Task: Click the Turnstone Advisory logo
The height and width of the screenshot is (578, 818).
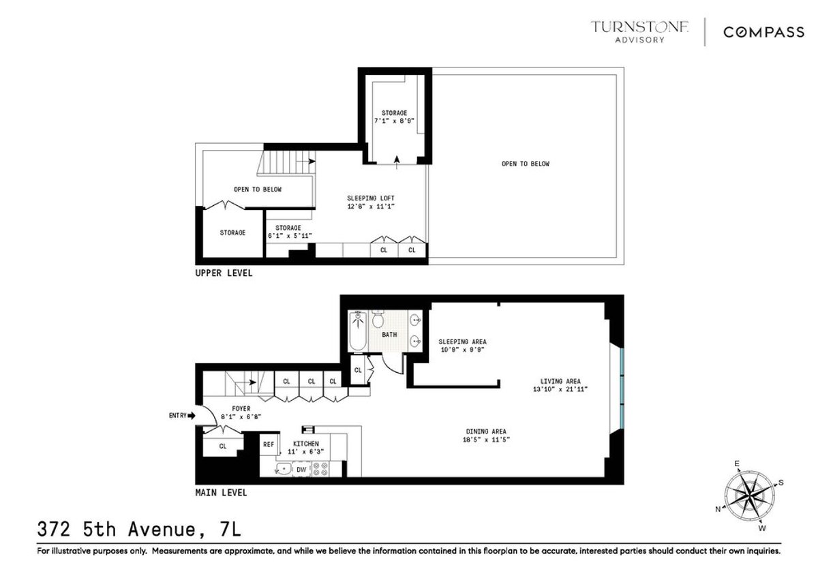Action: pyautogui.click(x=639, y=31)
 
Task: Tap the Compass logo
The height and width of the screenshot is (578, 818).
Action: pyautogui.click(x=763, y=32)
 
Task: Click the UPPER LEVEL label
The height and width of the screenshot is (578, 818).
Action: pyautogui.click(x=224, y=273)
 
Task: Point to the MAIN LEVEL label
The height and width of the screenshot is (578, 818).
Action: pyautogui.click(x=221, y=492)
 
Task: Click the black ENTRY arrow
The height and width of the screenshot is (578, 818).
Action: pyautogui.click(x=192, y=415)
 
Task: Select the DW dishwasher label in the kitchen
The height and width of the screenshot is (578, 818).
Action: pyautogui.click(x=301, y=469)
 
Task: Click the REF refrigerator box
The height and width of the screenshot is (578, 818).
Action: pyautogui.click(x=269, y=444)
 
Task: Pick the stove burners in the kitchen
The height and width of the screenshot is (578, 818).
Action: pyautogui.click(x=320, y=469)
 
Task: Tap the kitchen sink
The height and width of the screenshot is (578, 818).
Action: pyautogui.click(x=281, y=469)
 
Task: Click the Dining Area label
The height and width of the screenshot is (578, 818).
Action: pyautogui.click(x=486, y=431)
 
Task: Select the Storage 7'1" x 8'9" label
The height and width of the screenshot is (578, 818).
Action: pyautogui.click(x=394, y=117)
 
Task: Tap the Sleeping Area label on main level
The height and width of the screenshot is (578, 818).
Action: pyautogui.click(x=462, y=341)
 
